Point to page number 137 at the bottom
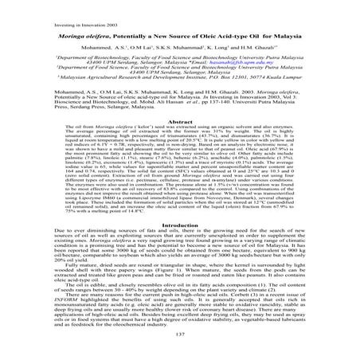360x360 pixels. [x=179, y=347]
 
